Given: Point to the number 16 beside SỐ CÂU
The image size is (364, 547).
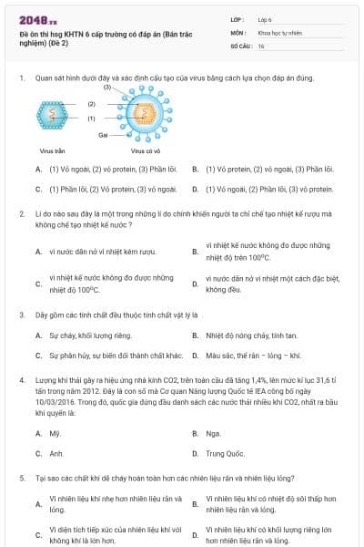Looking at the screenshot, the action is (x=261, y=45).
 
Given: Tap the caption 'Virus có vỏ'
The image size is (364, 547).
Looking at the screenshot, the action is (x=145, y=150).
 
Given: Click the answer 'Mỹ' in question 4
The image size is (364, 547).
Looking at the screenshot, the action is (x=55, y=433).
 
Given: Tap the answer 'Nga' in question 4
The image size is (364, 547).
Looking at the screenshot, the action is (x=213, y=433).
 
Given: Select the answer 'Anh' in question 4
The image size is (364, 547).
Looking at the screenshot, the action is (x=56, y=452).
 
